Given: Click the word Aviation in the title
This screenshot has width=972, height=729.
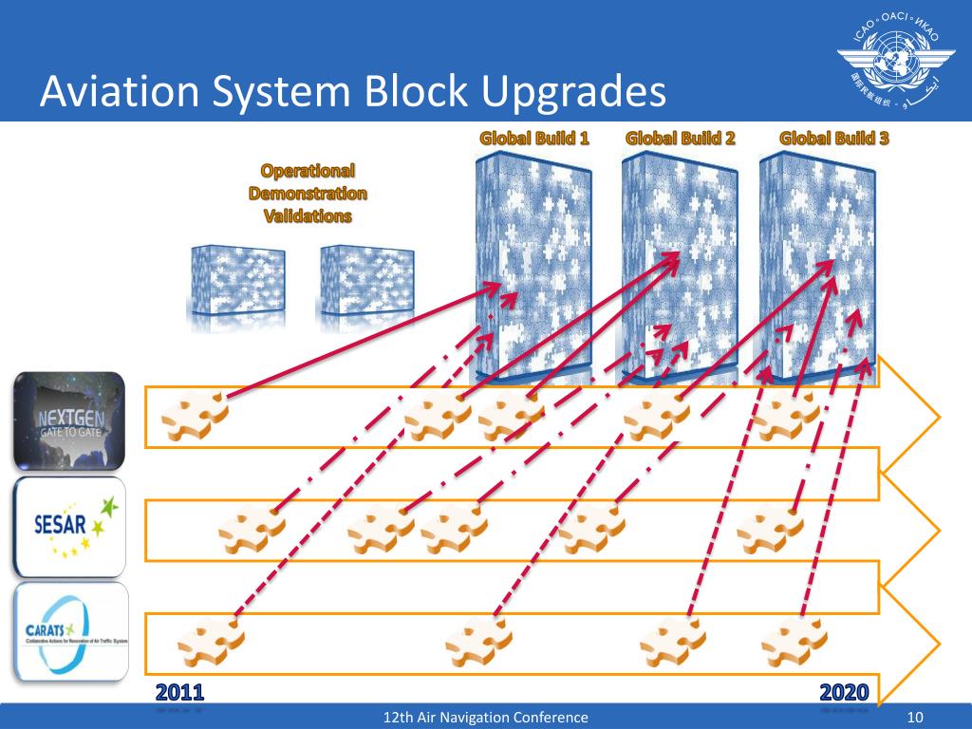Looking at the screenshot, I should click(118, 92).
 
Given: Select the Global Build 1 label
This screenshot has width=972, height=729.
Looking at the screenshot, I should click(534, 139).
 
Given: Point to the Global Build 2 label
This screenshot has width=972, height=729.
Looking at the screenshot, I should click(681, 139).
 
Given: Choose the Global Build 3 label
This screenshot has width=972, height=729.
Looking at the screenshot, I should click(834, 139).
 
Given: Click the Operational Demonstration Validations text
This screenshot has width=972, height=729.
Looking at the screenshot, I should click(308, 194).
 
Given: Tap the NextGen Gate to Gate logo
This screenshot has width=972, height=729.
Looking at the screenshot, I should click(69, 421).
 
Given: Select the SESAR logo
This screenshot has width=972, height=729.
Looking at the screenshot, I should click(69, 526).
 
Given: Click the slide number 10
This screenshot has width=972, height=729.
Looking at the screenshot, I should click(916, 718).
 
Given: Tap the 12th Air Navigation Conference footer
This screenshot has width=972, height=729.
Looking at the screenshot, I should click(485, 718).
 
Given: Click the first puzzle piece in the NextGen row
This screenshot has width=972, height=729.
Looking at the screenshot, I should click(195, 415).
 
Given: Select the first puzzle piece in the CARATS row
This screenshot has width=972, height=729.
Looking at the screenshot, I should click(210, 642).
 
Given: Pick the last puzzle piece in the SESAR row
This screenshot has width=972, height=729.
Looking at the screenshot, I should click(769, 529).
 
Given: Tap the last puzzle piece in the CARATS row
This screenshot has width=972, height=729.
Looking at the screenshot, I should click(793, 642).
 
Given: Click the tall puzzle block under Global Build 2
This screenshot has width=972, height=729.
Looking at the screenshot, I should click(679, 266).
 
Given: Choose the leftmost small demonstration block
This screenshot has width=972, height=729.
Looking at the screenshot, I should click(237, 282).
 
